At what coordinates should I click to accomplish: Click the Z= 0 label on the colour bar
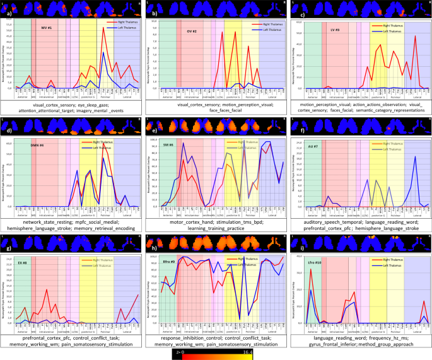coord(180,353)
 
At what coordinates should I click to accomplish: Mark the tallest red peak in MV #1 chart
coord(103,28)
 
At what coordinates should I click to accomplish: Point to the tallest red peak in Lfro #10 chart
coord(311,269)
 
